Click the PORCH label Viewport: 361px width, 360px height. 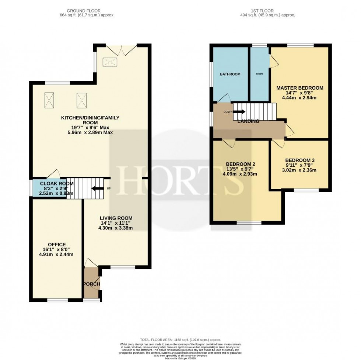(92, 284)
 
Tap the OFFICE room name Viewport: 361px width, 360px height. (56, 244)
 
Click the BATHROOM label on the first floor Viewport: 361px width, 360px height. (230, 74)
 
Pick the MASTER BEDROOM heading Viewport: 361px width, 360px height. (300, 88)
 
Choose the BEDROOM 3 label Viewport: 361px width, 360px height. (299, 160)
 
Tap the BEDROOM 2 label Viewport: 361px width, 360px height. (241, 164)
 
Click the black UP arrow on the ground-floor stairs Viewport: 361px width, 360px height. (97, 188)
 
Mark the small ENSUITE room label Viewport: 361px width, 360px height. (259, 74)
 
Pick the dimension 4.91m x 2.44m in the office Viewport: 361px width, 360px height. (56, 255)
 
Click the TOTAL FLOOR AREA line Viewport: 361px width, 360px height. (180, 339)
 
